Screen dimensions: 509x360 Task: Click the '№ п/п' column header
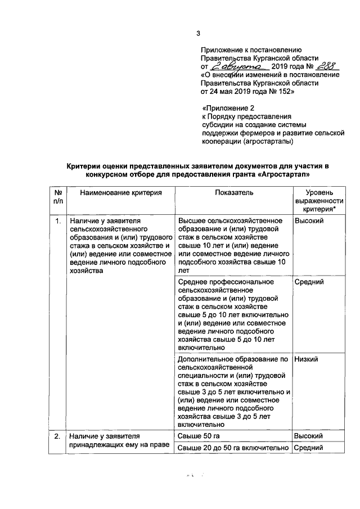(57, 197)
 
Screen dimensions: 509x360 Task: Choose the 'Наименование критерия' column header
(120, 192)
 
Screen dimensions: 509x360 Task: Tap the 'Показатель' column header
(233, 192)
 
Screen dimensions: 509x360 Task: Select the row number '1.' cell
(57, 221)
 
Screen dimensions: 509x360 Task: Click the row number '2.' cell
(57, 436)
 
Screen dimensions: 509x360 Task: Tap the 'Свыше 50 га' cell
(197, 436)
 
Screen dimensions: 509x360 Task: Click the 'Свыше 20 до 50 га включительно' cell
(233, 448)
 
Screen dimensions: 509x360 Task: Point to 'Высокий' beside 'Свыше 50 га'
(308, 436)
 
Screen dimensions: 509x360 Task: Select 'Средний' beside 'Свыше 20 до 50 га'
(308, 448)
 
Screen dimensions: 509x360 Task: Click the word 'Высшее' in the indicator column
(192, 221)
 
